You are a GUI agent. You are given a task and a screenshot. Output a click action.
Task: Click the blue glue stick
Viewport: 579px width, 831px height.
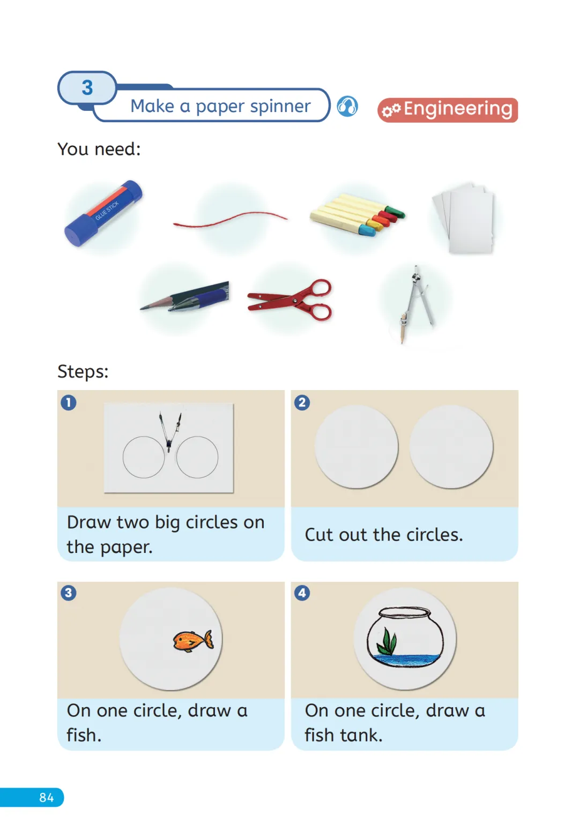tap(103, 213)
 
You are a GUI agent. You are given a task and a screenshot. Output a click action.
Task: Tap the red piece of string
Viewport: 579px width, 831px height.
tap(230, 219)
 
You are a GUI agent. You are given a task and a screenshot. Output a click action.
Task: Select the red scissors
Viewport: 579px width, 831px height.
tap(290, 300)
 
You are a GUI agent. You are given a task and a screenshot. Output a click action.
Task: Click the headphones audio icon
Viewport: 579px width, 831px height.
tap(347, 107)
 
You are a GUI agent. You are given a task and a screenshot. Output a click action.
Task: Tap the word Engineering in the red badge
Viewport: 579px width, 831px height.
tap(458, 110)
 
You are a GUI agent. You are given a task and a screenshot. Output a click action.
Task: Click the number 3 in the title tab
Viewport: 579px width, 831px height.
tap(87, 88)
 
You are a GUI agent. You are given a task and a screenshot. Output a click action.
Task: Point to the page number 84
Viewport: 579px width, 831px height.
tap(47, 798)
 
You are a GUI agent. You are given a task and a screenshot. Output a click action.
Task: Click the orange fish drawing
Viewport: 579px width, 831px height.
tap(193, 641)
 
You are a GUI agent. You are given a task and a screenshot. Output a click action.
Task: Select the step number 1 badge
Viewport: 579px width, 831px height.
tap(69, 402)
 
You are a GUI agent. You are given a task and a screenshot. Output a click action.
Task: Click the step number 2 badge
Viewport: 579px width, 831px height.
tap(302, 402)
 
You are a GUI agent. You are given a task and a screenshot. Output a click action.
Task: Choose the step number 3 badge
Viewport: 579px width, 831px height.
tap(69, 593)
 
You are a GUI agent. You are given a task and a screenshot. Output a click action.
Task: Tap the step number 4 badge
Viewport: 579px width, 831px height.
tap(302, 593)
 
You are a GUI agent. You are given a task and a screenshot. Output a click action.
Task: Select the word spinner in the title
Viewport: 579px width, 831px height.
tap(280, 107)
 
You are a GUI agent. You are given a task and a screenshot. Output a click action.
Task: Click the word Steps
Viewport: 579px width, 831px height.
tap(83, 371)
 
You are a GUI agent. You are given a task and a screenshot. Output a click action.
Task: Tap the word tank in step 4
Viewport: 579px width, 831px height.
tap(361, 735)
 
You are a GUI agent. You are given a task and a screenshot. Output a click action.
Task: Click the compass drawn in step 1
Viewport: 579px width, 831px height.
tap(170, 432)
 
